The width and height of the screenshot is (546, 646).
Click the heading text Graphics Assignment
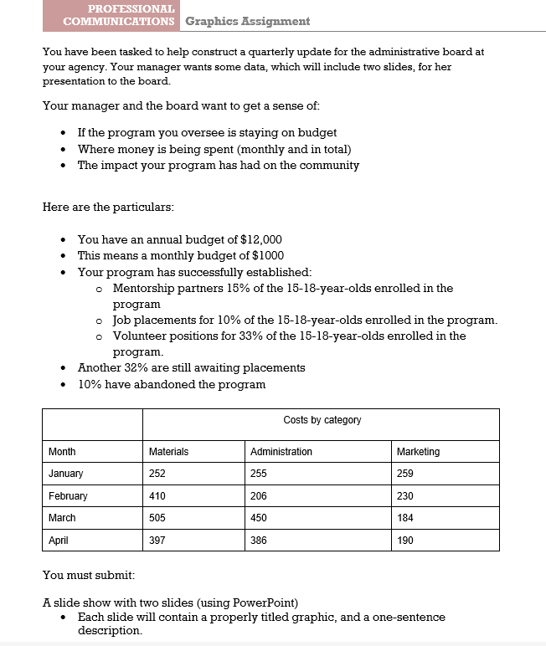247,21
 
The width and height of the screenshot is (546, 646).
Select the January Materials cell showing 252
157,474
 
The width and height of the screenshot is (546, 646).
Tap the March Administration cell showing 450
260,518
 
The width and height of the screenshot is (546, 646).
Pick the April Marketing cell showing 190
405,541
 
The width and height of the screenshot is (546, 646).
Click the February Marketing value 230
405,496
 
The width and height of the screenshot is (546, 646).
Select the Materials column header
168,452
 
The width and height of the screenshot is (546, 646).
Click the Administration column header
281,452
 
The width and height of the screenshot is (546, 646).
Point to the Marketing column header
418,452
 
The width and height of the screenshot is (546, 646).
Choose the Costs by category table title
322,420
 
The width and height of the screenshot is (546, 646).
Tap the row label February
68,496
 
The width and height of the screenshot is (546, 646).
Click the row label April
59,541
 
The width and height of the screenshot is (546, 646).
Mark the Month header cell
62,452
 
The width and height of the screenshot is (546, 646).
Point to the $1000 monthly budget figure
268,255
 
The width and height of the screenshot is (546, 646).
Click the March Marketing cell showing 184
405,518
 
